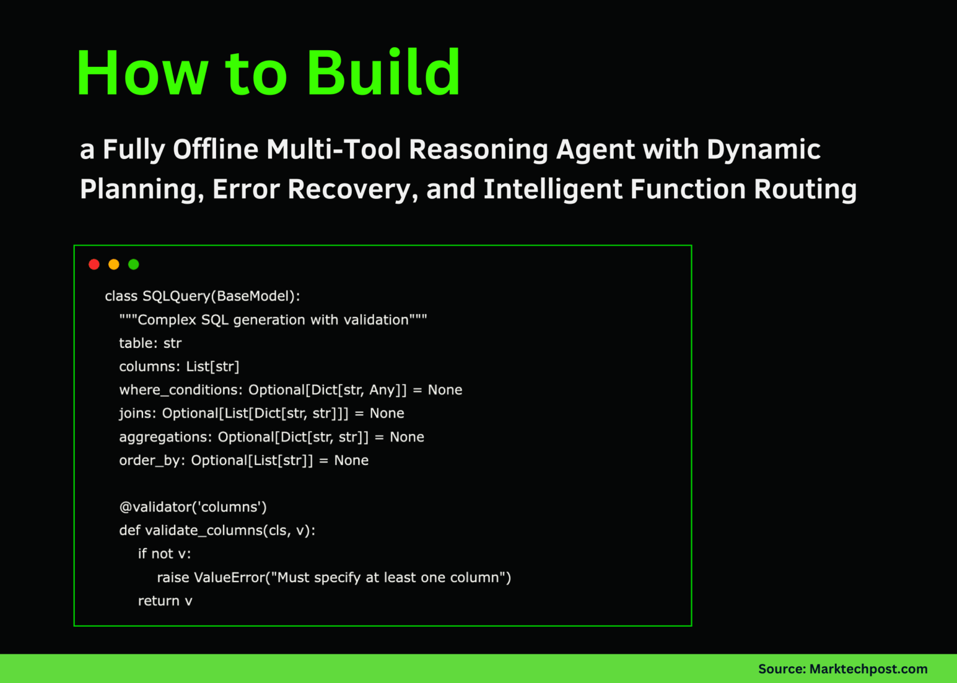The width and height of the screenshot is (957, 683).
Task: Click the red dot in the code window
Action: click(x=94, y=265)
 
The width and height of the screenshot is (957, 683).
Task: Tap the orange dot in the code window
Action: click(x=114, y=265)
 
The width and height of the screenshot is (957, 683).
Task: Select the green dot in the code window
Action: click(x=134, y=265)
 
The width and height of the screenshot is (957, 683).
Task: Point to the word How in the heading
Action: click(x=142, y=73)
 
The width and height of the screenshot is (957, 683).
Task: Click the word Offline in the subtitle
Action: click(x=215, y=149)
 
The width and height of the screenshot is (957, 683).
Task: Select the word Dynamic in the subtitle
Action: click(x=763, y=150)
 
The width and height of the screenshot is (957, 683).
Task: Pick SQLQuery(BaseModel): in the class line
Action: click(x=221, y=296)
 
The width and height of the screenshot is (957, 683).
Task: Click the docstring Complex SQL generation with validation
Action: click(x=273, y=320)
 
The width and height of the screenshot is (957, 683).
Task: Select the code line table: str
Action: click(x=150, y=343)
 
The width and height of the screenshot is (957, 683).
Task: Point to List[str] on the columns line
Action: click(x=213, y=367)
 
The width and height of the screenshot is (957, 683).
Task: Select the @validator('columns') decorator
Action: click(x=193, y=507)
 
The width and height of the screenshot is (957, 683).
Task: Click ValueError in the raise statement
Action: click(x=230, y=578)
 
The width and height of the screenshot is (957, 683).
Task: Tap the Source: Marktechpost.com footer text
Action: click(x=843, y=669)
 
